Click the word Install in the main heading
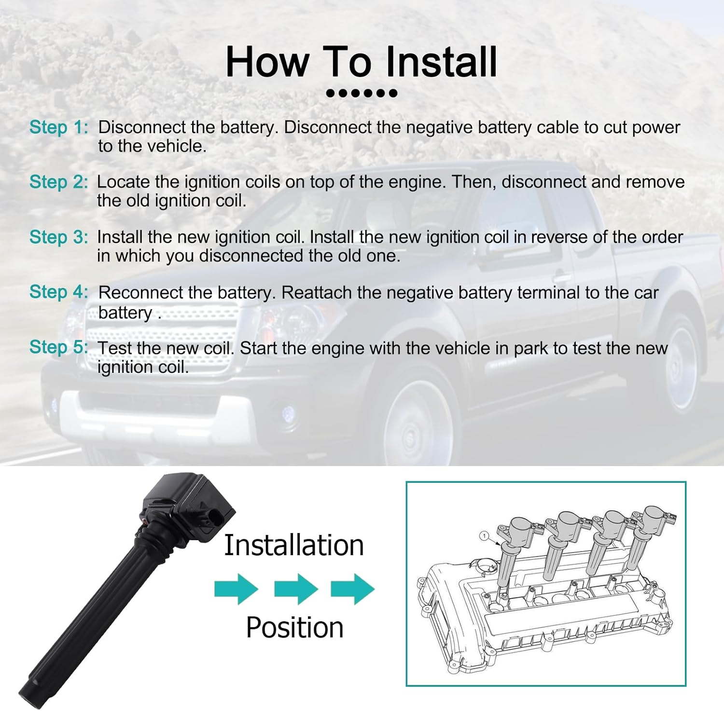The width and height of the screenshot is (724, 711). coord(441,62)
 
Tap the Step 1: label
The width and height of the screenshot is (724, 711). coord(59,127)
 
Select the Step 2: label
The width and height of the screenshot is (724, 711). coord(59,182)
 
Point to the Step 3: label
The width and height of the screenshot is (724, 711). coord(59,237)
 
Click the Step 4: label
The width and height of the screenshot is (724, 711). coord(59,292)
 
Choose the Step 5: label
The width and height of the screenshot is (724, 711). coord(59,347)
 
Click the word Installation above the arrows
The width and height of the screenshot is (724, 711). coord(294,545)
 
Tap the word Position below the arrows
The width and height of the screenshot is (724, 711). coord(294,628)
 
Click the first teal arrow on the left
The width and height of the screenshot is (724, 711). coord(237,589)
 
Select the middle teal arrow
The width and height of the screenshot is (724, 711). coord(296,589)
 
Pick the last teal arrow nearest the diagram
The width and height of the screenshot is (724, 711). coord(353,589)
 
